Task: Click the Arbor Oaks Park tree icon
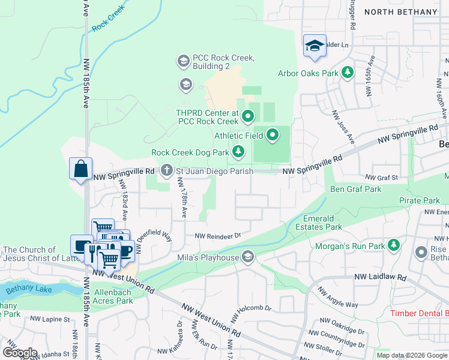347,73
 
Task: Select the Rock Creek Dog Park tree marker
238,152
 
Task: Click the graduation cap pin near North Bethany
315,46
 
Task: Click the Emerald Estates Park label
319,223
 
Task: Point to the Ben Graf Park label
356,189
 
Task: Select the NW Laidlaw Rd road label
380,277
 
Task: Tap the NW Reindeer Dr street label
217,236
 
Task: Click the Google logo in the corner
20,352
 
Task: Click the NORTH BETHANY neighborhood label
401,12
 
